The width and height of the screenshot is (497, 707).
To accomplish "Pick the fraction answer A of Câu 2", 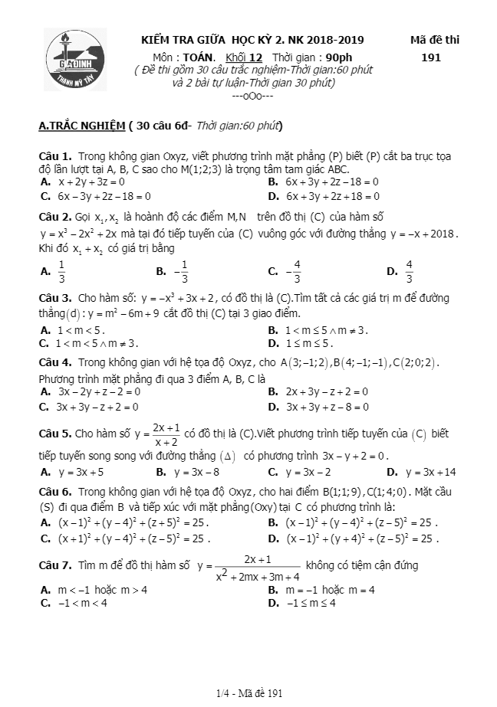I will coord(61,270).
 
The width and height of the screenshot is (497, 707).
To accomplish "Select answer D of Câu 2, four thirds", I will coord(409,270).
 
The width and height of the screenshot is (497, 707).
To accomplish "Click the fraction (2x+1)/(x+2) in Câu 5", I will coord(166,434).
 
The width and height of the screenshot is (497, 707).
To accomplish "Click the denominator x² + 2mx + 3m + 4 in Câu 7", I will coord(258,576).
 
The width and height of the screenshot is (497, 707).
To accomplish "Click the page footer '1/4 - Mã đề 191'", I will coord(250,693).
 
